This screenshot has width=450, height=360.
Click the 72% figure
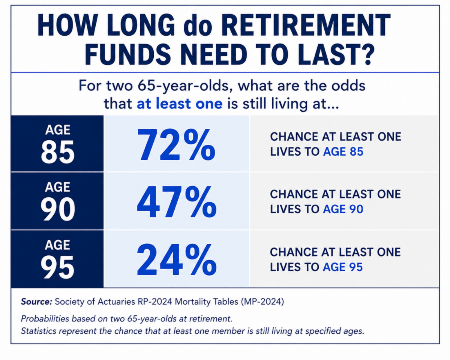[x=176, y=144]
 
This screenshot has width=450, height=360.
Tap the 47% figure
[x=177, y=202]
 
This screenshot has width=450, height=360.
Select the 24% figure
[x=177, y=259]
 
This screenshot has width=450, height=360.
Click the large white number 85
[x=57, y=151]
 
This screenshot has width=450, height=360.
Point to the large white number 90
[x=58, y=209]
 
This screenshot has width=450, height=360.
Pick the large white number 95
[x=57, y=267]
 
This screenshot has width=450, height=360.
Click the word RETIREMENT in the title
[x=306, y=25]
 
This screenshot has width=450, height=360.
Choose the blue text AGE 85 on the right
[x=343, y=151]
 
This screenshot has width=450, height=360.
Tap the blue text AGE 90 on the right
[x=343, y=209]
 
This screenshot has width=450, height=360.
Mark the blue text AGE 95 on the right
[x=342, y=267]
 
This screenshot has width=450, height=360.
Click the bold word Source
[x=36, y=301]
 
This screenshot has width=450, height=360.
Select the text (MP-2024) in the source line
[x=262, y=301]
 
